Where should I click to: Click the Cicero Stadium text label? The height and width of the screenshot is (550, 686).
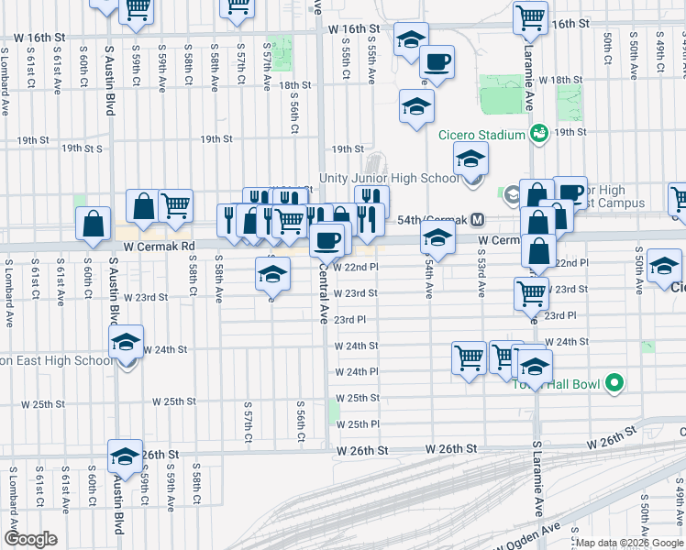pos(481,136)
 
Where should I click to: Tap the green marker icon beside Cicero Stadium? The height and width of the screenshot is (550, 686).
pos(540,135)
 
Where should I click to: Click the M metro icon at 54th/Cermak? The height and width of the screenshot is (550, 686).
pos(477,220)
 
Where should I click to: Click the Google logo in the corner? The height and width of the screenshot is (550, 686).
pos(31,539)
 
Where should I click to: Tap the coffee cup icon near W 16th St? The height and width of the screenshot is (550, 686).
pos(437,61)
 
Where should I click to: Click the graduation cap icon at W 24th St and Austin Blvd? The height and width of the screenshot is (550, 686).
pos(126,344)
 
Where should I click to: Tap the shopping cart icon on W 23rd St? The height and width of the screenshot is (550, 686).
pos(532,293)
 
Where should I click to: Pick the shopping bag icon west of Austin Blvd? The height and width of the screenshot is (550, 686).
pos(94,224)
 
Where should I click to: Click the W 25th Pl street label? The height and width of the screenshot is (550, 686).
pos(358,424)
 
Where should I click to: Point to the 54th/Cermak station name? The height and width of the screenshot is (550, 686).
pos(430,220)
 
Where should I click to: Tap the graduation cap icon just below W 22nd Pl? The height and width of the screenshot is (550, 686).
pos(272,273)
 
